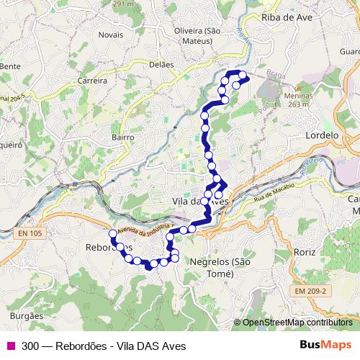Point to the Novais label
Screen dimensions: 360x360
pos(112,34)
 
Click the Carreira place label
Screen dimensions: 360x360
pos(92,81)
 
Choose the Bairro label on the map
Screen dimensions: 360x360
pos(123,135)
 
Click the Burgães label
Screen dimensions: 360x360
pos(28,315)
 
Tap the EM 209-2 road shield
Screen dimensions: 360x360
pos(310,289)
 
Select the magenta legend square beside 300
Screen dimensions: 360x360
pos(11,346)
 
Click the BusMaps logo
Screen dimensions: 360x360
pos(326,345)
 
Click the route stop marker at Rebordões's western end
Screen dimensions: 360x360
pos(113,233)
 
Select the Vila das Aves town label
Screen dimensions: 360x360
pos(201,202)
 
